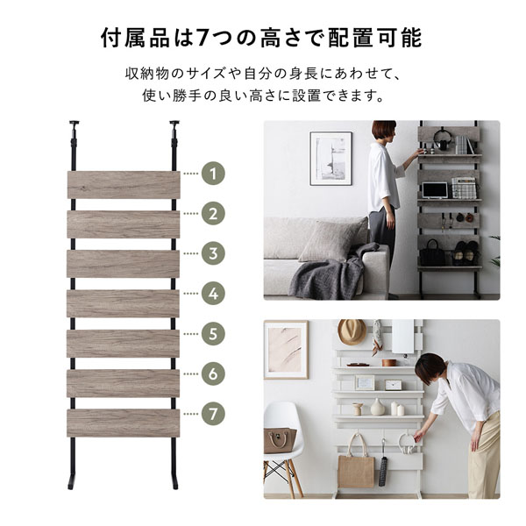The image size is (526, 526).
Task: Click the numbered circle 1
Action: pos(213,174)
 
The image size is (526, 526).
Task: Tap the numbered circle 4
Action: pos(213,294)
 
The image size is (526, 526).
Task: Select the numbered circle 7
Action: pos(213,414)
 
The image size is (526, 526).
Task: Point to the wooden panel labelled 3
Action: pos(123,264)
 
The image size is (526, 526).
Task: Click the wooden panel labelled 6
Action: pos(123,383)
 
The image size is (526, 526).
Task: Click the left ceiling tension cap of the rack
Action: pos(74,123)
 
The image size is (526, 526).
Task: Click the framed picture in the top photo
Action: pos(331,159)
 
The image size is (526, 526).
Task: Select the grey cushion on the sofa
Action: pos(334,238)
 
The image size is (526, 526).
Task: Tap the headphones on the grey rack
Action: pos(442,139)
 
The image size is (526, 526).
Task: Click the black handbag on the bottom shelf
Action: pos(432,253)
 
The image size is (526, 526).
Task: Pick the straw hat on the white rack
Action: pos(352,331)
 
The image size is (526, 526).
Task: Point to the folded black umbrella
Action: pos(383,466)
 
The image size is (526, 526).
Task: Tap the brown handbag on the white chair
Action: pos(280,440)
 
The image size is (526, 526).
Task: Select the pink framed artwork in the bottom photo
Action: pos(286,350)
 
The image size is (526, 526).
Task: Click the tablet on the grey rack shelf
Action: pos(435,190)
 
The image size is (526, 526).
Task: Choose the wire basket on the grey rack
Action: pos(464,188)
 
